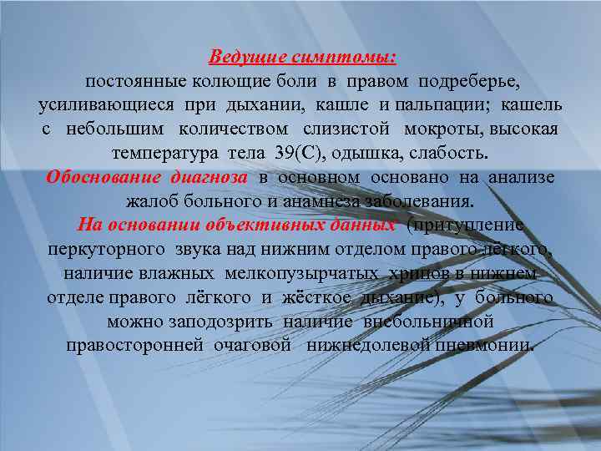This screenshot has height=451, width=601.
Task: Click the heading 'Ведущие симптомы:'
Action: point(302,58)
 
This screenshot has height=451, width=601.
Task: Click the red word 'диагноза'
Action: point(209,178)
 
